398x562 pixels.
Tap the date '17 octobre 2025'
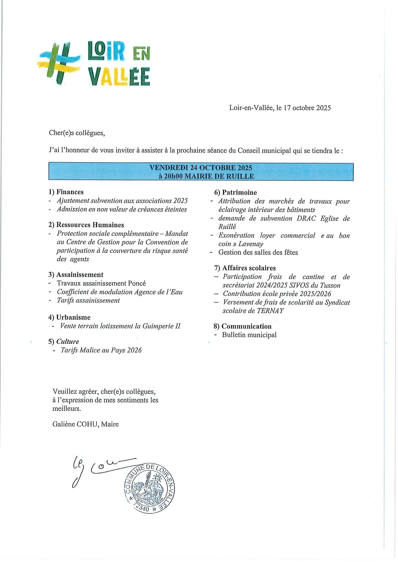[307, 108]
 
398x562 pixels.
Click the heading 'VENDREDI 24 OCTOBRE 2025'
[201, 168]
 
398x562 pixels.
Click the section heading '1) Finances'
[66, 192]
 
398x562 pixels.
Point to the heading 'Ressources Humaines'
[90, 225]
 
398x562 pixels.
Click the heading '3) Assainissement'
[76, 275]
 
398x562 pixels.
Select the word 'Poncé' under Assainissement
[137, 283]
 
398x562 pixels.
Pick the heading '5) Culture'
[64, 341]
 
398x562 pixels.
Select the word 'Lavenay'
[251, 244]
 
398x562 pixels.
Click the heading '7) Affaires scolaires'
[245, 268]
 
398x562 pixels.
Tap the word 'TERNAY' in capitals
[270, 311]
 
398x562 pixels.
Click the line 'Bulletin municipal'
[249, 335]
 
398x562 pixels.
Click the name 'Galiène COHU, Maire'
[86, 424]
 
